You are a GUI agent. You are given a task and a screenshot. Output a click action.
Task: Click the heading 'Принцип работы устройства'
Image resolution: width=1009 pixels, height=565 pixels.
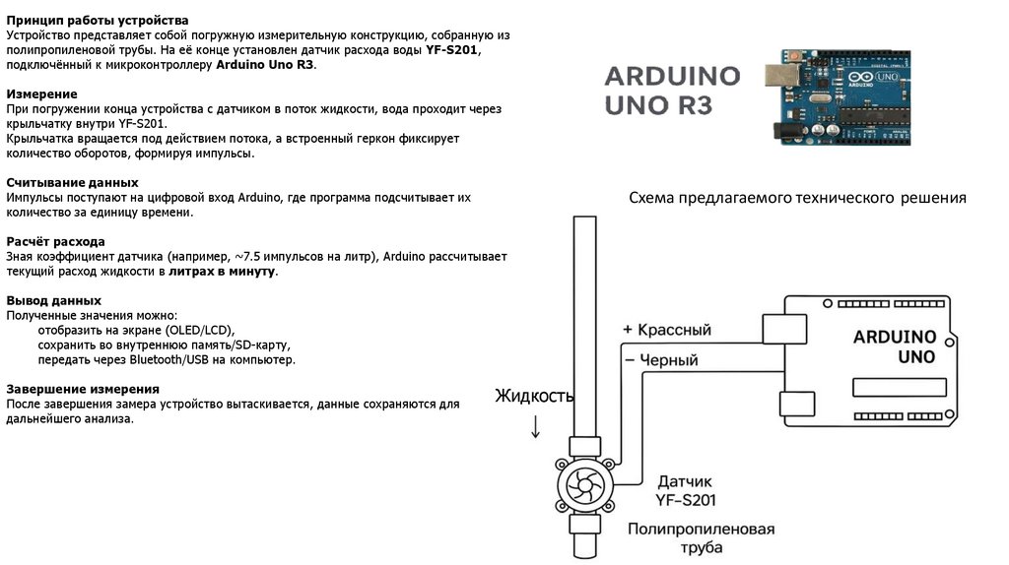[x=98, y=21]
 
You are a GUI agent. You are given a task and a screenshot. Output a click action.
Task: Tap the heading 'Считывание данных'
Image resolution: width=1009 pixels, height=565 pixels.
[x=72, y=183]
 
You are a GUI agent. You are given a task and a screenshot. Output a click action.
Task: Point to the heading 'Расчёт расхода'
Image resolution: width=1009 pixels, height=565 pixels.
[x=55, y=241]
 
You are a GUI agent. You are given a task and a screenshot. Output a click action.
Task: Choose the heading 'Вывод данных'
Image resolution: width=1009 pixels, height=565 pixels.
[x=53, y=300]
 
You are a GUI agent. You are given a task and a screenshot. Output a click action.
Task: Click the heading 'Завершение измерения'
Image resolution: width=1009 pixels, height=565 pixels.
[x=83, y=389]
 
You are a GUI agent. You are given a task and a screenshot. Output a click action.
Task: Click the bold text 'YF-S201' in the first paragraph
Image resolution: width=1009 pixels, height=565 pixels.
[x=452, y=50]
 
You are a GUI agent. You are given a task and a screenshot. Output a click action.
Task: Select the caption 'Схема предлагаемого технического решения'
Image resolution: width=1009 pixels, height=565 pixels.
[x=797, y=199]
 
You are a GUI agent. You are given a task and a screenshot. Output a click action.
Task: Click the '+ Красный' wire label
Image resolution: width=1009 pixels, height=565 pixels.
[x=666, y=330]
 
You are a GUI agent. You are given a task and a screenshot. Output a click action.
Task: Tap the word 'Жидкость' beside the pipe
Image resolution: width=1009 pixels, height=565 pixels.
[x=533, y=396]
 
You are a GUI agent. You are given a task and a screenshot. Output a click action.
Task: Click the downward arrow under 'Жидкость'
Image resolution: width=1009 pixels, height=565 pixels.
[x=535, y=427]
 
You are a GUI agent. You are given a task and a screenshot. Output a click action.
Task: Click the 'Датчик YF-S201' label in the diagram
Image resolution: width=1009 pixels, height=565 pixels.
[x=686, y=490]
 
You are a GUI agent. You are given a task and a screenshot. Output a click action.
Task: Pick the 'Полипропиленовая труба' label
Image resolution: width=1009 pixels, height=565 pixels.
[x=701, y=538]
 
